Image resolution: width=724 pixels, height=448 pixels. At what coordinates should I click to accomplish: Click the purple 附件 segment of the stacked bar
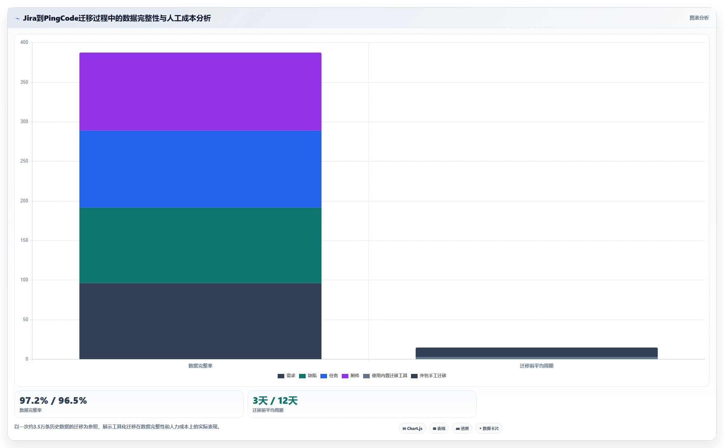[200, 91]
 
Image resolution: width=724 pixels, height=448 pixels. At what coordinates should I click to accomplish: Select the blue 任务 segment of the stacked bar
[200, 169]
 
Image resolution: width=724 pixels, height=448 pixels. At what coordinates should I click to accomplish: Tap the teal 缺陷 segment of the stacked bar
[200, 245]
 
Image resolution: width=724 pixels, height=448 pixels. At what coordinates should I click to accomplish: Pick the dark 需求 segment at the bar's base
[200, 321]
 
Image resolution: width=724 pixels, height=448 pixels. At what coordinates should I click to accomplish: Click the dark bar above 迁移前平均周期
[537, 352]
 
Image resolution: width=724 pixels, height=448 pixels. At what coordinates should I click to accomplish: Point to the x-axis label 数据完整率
[200, 366]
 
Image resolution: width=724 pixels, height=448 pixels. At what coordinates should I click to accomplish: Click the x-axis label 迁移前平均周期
[537, 366]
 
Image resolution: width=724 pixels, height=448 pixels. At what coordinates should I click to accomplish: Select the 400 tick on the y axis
[24, 42]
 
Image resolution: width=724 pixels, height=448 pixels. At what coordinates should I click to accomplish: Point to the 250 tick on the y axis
[24, 161]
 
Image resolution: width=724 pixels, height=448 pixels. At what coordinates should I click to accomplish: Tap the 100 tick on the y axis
[24, 280]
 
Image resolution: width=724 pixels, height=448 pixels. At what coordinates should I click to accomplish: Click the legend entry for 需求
[287, 376]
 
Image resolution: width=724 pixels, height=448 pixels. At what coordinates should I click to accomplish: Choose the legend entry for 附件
[351, 376]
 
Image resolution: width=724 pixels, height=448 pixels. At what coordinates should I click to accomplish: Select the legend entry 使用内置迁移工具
[385, 376]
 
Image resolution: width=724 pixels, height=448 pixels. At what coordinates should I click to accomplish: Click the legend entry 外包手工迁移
[429, 376]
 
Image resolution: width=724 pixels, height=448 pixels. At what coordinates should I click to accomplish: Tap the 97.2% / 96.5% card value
[53, 401]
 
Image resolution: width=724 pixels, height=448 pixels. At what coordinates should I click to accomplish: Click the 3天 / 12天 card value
[275, 401]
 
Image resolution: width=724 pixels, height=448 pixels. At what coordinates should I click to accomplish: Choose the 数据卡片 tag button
[489, 428]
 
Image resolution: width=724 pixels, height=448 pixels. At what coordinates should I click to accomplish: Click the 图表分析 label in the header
[699, 18]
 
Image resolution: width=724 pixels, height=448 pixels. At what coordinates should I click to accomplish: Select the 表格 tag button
[439, 428]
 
